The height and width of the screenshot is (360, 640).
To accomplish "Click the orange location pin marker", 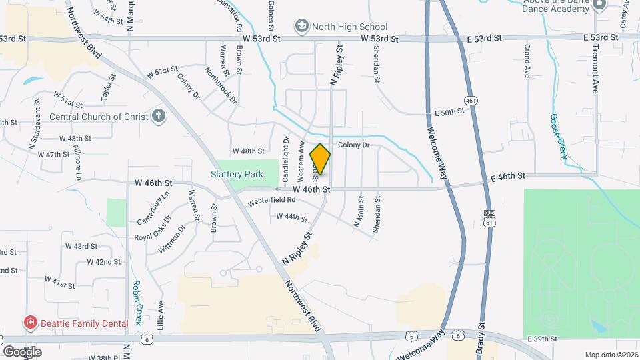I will pos(321,159).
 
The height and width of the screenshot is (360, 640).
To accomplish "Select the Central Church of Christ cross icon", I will pos(159,117).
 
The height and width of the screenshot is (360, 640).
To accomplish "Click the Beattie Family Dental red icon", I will pos(30,323).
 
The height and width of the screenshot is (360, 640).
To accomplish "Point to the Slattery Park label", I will pos(237,174).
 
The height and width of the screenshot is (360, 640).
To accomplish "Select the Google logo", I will pos(22,351).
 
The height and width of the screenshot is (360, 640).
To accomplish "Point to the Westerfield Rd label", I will pos(271,199).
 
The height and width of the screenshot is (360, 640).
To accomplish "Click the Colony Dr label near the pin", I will pos(353,145).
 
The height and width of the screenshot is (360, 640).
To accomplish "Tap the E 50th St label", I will pos(448,113).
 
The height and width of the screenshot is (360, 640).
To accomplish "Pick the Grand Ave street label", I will pos(527,61).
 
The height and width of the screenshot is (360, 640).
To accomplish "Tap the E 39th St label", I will pos(541,339).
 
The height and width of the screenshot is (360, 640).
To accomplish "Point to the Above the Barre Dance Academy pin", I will pos(599,5).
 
